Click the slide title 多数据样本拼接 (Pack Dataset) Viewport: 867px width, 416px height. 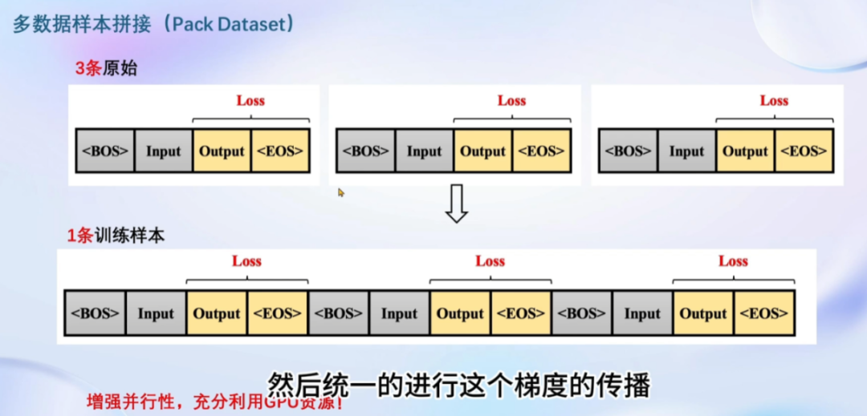pos(153,25)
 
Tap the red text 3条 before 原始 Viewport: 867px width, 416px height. pos(88,68)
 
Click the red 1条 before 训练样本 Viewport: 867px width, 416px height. pos(80,236)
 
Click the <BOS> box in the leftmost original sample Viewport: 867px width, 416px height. pos(104,151)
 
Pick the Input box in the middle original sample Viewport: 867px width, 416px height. pos(424,151)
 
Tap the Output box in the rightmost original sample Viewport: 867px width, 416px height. pos(746,151)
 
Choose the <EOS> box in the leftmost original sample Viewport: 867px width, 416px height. pos(280,151)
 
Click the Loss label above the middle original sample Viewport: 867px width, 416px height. pos(511,100)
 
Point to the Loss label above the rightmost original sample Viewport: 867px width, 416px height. pos(774,100)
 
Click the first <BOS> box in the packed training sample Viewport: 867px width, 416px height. pos(95,313)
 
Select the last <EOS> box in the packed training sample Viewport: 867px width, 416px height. pos(764,313)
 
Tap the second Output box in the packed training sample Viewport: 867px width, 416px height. pos(460,313)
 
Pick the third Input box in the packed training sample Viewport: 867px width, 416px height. pos(642,313)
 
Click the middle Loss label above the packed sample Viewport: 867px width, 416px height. pos(490,261)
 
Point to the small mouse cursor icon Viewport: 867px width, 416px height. pos(341,192)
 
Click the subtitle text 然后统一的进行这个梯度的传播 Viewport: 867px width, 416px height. pos(457,386)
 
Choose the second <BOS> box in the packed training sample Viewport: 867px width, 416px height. pos(338,313)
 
